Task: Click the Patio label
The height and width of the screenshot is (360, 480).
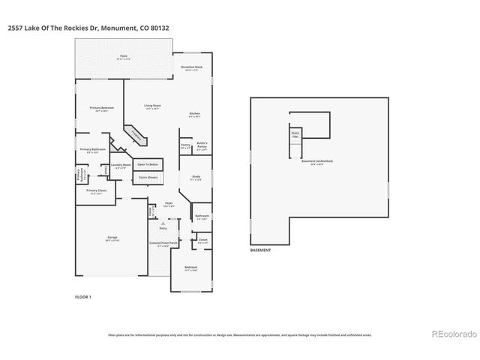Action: pyautogui.click(x=124, y=57)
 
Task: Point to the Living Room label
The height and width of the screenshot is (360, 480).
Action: pyautogui.click(x=152, y=107)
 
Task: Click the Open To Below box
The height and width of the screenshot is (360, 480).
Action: pyautogui.click(x=148, y=164)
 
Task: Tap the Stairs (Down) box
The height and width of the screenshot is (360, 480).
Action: pyautogui.click(x=148, y=178)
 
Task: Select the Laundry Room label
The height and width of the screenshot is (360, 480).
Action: pyautogui.click(x=121, y=166)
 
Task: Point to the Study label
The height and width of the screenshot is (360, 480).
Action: pyautogui.click(x=195, y=178)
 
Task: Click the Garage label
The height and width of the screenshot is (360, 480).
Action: pyautogui.click(x=112, y=238)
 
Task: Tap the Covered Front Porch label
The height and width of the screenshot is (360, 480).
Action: pyautogui.click(x=163, y=244)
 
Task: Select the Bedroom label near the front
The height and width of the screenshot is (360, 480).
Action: pyautogui.click(x=191, y=269)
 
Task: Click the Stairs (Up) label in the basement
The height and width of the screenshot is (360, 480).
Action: pyautogui.click(x=295, y=136)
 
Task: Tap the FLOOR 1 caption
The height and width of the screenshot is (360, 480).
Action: pyautogui.click(x=82, y=298)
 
